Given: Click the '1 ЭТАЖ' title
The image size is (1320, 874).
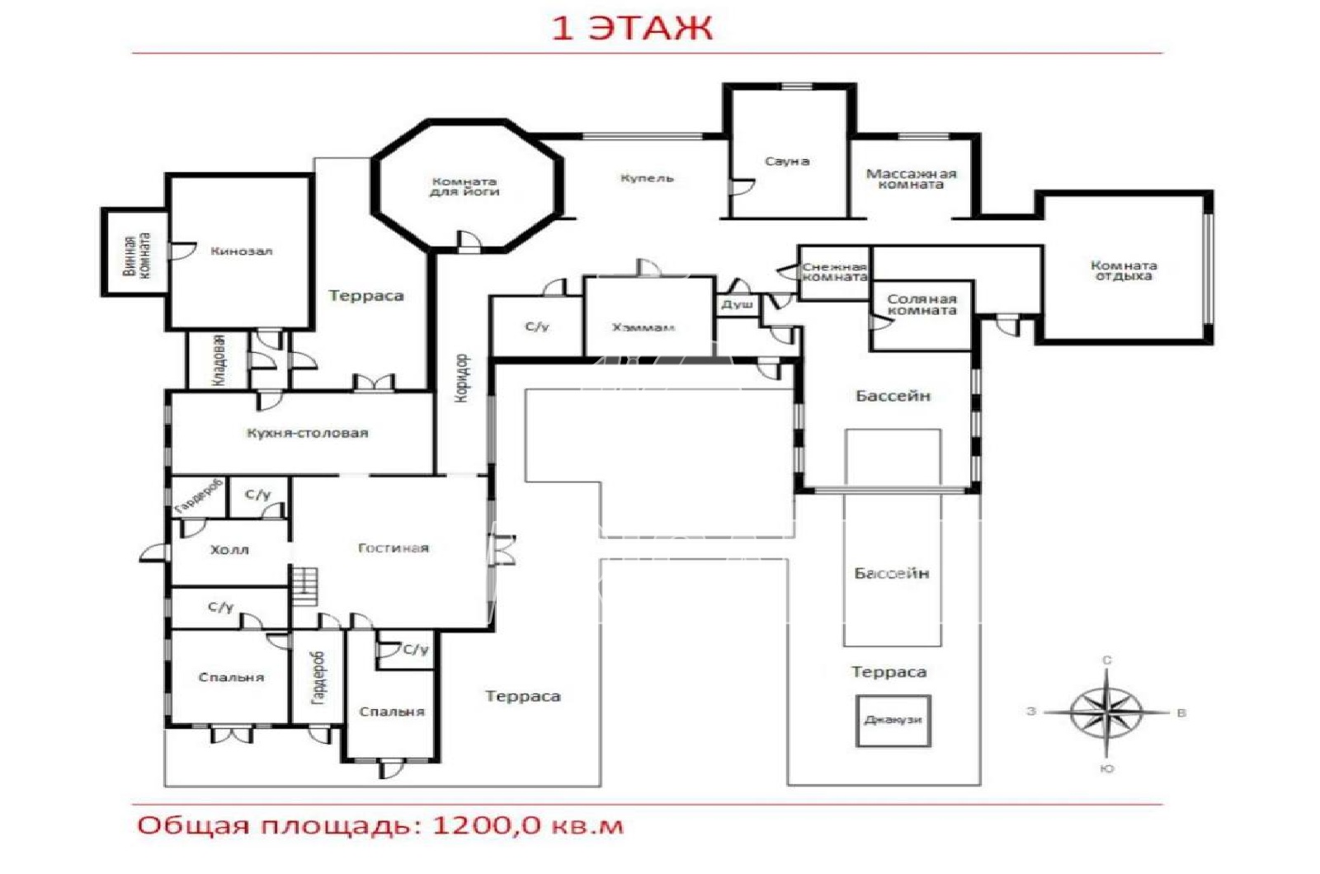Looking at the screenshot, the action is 632,28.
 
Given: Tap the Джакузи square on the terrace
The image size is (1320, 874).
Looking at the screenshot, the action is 893,721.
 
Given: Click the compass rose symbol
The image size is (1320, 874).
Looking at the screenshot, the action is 1106,712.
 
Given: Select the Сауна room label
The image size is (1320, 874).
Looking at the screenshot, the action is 787,162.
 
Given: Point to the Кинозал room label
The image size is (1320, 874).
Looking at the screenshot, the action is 242,251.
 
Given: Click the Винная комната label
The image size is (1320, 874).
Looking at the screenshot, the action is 137,256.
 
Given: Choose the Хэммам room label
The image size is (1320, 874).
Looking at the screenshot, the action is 643,327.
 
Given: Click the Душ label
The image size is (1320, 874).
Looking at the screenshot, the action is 738,304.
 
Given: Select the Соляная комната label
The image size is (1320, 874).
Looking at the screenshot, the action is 922,304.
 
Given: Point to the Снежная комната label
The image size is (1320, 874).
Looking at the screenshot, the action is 834,272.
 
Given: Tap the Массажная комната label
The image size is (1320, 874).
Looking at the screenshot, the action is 911,179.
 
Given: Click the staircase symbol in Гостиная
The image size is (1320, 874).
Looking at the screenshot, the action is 304,586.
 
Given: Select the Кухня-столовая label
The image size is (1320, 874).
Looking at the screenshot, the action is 307,434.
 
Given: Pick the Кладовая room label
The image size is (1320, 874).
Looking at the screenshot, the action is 218,359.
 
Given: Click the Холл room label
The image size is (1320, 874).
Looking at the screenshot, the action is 229,550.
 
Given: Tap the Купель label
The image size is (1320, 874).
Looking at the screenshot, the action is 647,178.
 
